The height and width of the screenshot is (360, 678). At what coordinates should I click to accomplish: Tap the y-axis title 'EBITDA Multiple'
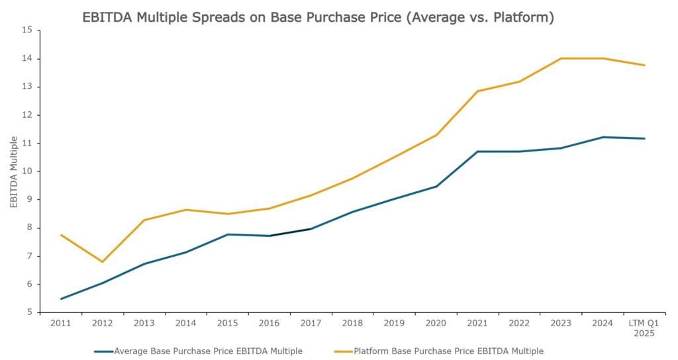[14, 171]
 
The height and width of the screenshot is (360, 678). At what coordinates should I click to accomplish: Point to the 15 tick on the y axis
[27, 30]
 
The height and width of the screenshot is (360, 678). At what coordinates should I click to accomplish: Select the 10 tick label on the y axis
[27, 171]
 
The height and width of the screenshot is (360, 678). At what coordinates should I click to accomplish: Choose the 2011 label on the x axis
[60, 324]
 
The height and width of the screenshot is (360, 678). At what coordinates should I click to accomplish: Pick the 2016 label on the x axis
[269, 324]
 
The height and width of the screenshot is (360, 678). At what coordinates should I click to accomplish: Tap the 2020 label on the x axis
[436, 324]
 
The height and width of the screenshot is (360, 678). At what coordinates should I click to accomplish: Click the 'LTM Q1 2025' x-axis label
[644, 329]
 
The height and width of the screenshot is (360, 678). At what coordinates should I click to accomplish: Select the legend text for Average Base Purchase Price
[209, 351]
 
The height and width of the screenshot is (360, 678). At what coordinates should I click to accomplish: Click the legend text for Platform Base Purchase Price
[448, 351]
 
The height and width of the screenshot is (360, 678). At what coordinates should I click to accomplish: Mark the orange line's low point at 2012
[102, 262]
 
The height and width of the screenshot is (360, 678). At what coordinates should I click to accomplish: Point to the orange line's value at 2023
[561, 58]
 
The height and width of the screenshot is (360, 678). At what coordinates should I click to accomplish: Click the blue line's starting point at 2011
[60, 299]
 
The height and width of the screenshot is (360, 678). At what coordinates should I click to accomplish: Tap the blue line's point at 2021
[477, 152]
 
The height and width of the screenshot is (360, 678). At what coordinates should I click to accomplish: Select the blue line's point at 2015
[227, 234]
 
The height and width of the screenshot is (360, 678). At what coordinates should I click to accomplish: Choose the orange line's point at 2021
[477, 91]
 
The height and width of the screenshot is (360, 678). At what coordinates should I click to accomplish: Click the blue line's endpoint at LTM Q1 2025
[644, 138]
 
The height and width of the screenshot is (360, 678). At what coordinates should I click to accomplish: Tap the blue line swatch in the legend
[104, 351]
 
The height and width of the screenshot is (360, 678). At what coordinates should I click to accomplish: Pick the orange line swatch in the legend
[343, 351]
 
